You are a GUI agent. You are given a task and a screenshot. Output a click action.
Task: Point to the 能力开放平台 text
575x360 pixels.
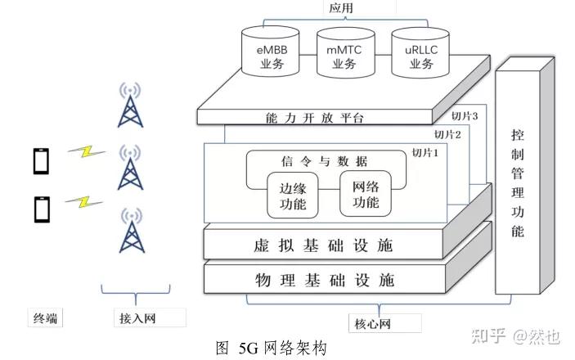315,118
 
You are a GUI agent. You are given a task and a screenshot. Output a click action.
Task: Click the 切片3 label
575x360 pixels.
465,115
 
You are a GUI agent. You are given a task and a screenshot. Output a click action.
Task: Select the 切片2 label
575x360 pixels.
447,134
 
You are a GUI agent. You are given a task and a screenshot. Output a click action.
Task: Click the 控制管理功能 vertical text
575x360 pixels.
517,182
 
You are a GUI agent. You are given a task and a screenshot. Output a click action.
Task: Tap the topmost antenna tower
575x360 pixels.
127,106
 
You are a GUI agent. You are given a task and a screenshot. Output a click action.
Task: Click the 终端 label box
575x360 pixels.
46,317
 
